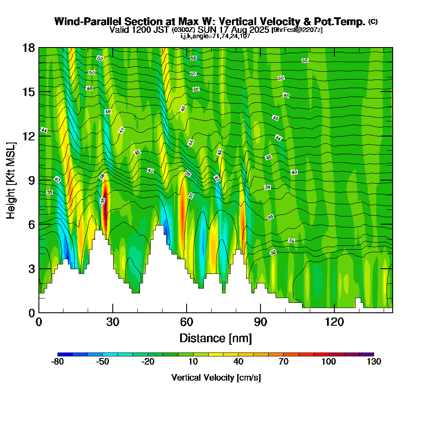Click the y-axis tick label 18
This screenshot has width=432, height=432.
[29, 48]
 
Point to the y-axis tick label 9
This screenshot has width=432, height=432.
[32, 180]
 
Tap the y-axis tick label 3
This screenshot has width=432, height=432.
[32, 269]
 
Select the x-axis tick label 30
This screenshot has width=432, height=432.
[113, 322]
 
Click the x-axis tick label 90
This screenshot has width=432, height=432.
[260, 322]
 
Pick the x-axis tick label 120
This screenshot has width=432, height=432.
[334, 322]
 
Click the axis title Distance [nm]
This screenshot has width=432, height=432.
[216, 338]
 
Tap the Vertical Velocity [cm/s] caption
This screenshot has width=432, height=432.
[216, 378]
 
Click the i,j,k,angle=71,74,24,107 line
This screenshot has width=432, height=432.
[216, 36]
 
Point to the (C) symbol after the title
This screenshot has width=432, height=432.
[373, 22]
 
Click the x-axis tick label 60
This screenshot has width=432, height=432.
[187, 322]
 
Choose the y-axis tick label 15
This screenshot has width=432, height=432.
[29, 92]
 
